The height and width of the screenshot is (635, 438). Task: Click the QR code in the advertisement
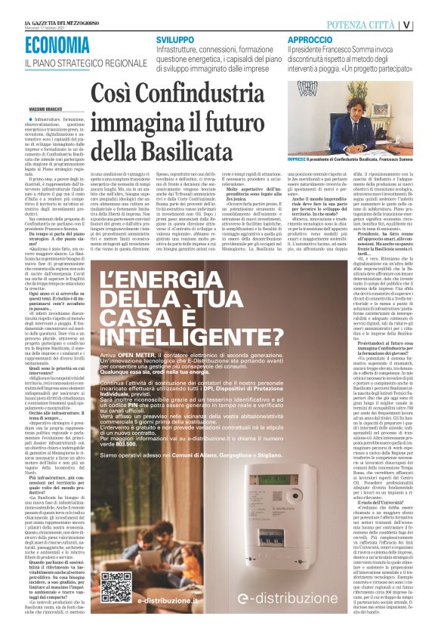(116, 586)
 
